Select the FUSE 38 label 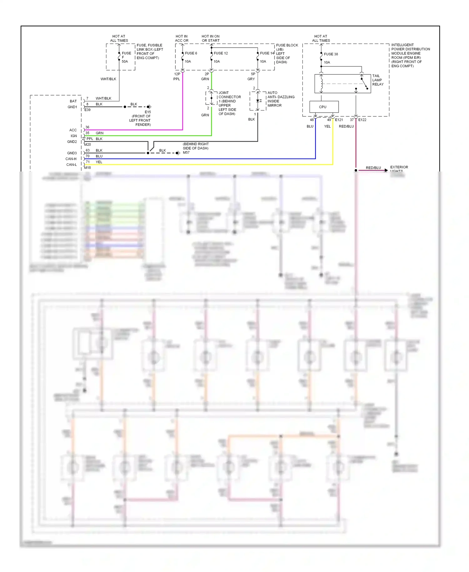331,54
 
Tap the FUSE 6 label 191,53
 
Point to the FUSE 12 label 221,53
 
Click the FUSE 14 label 267,53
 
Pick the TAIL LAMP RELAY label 378,80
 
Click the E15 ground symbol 149,107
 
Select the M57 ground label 186,153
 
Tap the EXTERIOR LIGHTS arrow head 386,170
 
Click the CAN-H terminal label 71,159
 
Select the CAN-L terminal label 71,165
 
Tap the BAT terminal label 73,101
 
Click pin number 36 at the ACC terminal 87,127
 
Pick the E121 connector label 339,120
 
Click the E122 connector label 362,120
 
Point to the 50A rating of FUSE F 125,62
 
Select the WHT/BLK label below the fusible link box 108,79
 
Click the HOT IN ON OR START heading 210,38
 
